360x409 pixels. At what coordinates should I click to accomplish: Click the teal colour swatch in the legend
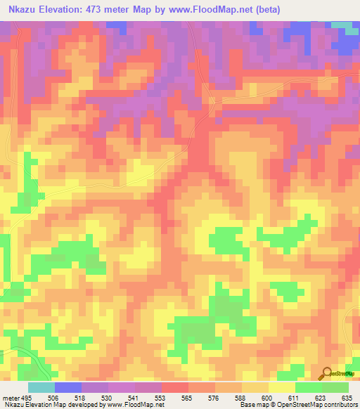click(x=41, y=387)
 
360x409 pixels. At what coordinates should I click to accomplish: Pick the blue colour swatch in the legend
click(x=68, y=387)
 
